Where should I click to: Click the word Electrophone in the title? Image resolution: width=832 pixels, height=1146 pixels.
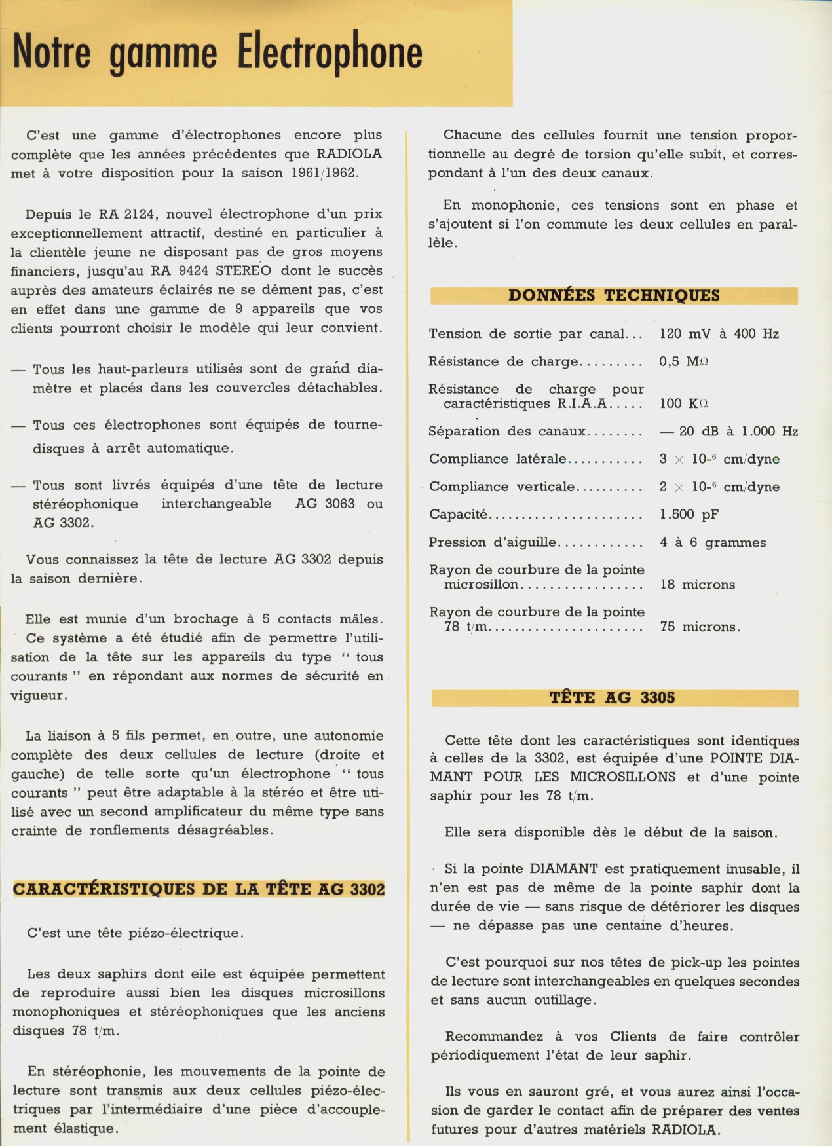pyautogui.click(x=330, y=52)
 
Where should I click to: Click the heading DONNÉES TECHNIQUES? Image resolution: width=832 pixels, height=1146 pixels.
pyautogui.click(x=614, y=295)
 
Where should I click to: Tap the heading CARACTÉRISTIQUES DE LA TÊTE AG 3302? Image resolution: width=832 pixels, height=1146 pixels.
pyautogui.click(x=199, y=889)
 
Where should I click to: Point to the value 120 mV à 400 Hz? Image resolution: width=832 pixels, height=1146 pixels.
pyautogui.click(x=719, y=334)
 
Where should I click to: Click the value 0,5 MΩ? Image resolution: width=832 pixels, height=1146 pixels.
pyautogui.click(x=683, y=361)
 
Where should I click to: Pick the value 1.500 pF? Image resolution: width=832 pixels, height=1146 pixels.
pyautogui.click(x=689, y=515)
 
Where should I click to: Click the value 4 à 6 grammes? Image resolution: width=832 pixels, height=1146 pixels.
pyautogui.click(x=712, y=542)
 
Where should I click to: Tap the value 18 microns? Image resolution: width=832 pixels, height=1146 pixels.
pyautogui.click(x=697, y=585)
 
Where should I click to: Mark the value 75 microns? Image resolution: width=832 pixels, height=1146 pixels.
pyautogui.click(x=699, y=627)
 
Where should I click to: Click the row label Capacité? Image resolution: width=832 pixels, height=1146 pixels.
pyautogui.click(x=458, y=515)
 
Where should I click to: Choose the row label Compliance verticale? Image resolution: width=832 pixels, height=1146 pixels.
pyautogui.click(x=501, y=487)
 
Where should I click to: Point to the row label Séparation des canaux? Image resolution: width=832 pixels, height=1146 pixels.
pyautogui.click(x=507, y=432)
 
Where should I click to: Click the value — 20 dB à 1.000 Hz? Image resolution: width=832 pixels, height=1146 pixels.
pyautogui.click(x=728, y=432)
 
